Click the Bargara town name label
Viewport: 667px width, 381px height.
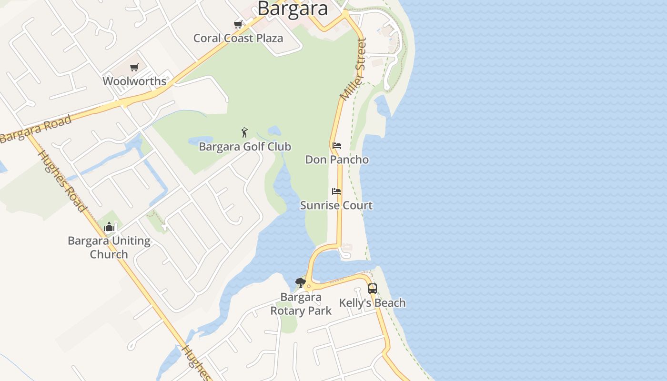click(293, 8)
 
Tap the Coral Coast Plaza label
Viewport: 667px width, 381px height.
click(238, 38)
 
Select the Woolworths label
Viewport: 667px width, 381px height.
click(134, 81)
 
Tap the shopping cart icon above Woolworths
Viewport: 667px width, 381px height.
click(134, 67)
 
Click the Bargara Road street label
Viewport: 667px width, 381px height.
click(36, 129)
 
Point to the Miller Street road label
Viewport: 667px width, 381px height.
click(354, 70)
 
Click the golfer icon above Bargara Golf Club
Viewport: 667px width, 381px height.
click(244, 132)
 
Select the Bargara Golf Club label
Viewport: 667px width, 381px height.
click(245, 146)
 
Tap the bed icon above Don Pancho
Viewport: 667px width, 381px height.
click(337, 145)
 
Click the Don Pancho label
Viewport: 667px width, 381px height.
click(337, 159)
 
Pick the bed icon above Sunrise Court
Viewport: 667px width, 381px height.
click(336, 191)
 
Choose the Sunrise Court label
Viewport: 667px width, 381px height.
click(336, 205)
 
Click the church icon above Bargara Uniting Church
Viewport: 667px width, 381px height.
click(109, 227)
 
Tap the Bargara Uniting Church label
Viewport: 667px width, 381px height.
click(109, 247)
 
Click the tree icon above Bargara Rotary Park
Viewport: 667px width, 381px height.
click(300, 283)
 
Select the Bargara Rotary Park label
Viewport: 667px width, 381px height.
click(301, 304)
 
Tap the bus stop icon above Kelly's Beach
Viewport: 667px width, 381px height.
click(373, 288)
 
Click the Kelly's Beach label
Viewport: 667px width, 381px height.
click(373, 302)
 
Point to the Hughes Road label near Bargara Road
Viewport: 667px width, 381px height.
click(62, 181)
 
